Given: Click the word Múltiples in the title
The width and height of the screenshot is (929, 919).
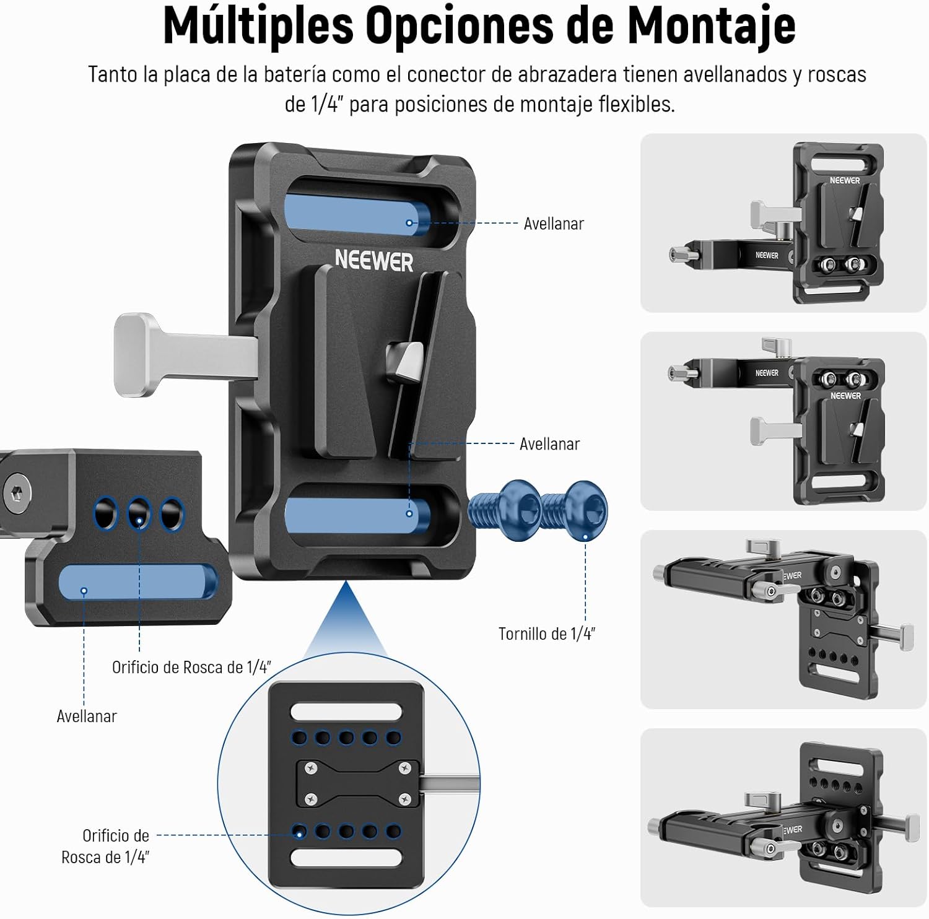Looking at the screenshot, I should tap(258, 26).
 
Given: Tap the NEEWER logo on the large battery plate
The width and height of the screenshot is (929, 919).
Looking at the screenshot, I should tap(373, 261).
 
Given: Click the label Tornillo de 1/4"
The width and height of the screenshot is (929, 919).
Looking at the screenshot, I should tap(546, 634).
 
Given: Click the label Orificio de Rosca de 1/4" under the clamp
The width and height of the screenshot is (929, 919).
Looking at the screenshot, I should tap(191, 667).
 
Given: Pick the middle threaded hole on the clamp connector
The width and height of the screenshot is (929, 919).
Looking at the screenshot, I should tap(139, 513).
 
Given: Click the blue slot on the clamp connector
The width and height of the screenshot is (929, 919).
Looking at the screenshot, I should tap(137, 582).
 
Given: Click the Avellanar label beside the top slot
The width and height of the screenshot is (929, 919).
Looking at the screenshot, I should tap(553, 224).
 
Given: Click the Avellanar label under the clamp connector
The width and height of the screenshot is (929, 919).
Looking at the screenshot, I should tap(87, 716).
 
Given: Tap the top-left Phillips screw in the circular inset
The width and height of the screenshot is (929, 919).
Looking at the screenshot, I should tap(311, 769).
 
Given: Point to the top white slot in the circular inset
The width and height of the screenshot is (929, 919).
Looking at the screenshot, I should tap(346, 711).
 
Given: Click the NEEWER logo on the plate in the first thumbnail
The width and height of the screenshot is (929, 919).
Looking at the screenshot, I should tap(845, 180).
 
